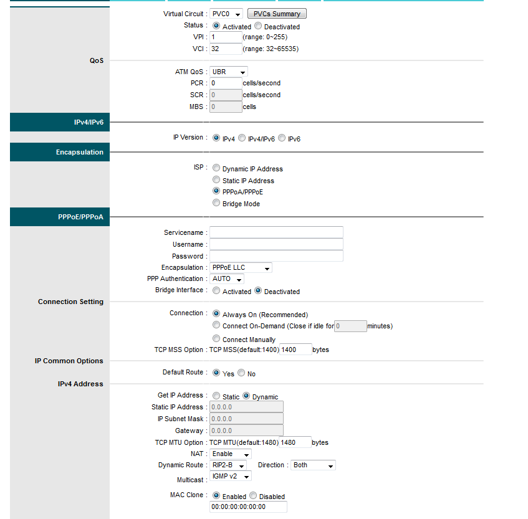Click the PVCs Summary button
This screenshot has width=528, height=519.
(277, 14)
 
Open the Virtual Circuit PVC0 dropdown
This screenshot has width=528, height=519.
(226, 14)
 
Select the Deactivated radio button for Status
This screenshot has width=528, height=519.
(258, 26)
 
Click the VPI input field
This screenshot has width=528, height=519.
(226, 37)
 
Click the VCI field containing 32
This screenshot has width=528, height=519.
(226, 49)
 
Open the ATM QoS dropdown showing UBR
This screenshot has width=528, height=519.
(229, 72)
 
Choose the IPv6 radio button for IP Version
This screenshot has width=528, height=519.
(282, 138)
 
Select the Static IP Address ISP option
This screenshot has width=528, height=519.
(216, 180)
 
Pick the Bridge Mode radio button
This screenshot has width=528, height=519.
(216, 203)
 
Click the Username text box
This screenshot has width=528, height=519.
(276, 244)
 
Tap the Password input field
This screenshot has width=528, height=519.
(276, 256)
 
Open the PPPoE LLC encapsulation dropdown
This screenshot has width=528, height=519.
(241, 268)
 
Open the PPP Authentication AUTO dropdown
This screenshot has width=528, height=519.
(227, 279)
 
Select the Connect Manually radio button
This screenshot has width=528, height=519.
(216, 339)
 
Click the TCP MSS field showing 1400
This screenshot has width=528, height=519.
(295, 350)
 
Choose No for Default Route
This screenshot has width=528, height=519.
(241, 373)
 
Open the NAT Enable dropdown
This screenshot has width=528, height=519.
(231, 454)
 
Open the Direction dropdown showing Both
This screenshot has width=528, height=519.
(313, 465)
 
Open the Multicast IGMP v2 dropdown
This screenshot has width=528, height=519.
(231, 477)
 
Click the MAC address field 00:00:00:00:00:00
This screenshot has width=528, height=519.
(249, 507)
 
